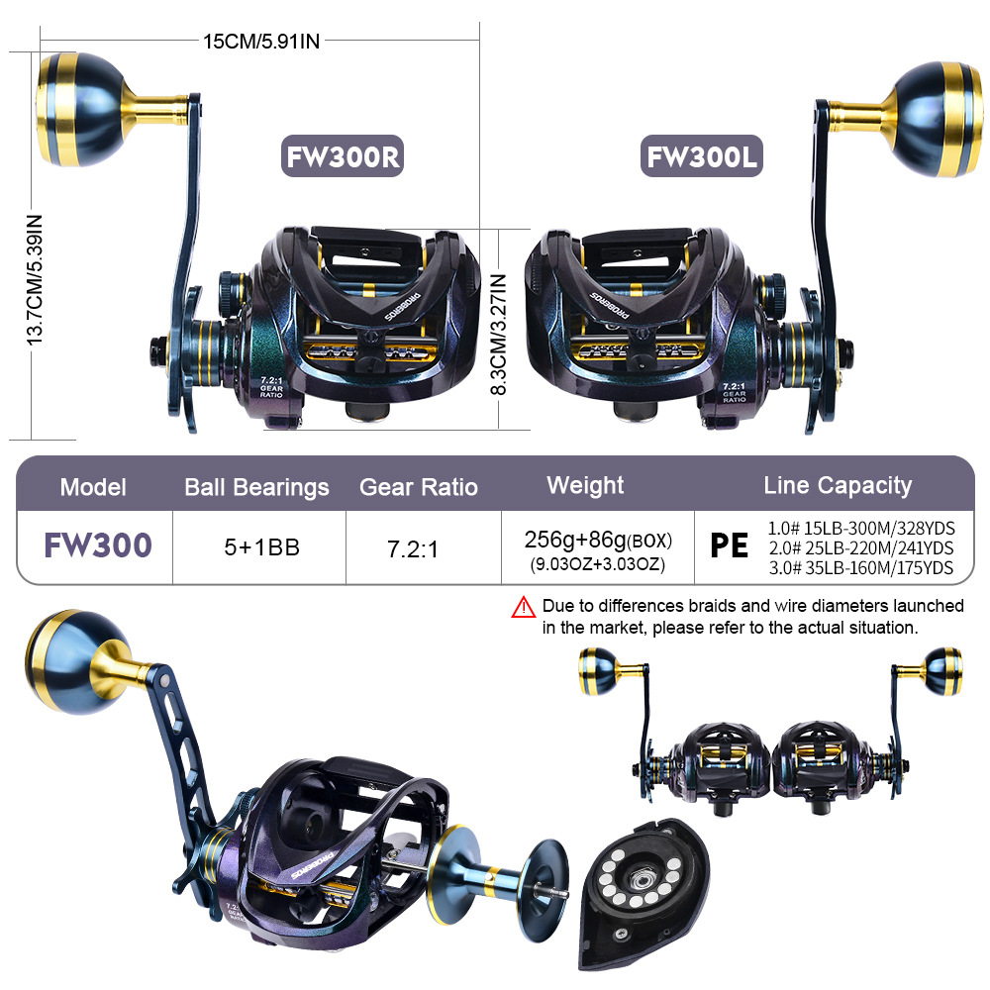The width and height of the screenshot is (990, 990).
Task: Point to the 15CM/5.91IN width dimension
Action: (261, 41)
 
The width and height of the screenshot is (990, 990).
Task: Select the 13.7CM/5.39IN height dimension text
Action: (35, 279)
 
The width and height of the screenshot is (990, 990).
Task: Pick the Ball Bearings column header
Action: (256, 487)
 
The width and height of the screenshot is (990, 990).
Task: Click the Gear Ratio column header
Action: (418, 487)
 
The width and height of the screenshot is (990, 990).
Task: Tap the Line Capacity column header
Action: (837, 485)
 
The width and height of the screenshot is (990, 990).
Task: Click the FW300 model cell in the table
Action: (97, 545)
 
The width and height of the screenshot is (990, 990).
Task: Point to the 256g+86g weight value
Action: (597, 541)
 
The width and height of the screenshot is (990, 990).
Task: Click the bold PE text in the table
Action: (729, 546)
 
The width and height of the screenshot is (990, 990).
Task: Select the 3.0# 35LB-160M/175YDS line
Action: (860, 567)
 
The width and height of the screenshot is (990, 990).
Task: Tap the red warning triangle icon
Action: (524, 607)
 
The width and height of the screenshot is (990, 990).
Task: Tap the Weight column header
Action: (585, 485)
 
